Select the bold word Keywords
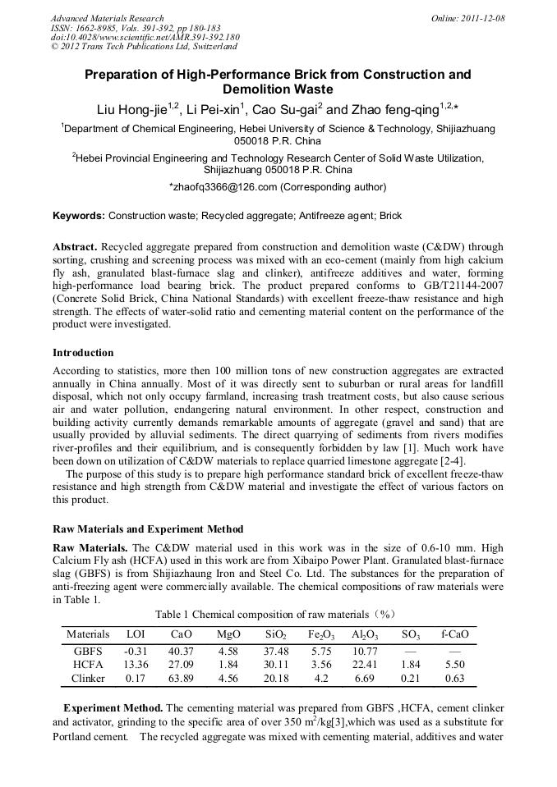coord(79,216)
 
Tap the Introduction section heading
coord(83,353)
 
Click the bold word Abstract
coord(76,247)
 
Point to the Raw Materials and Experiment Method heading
coord(148,528)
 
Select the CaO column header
coord(182,634)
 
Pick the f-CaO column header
coord(455,634)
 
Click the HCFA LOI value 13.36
coord(135,665)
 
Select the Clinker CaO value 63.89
coord(182,679)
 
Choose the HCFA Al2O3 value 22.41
coord(364,665)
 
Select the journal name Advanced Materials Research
coord(107,18)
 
